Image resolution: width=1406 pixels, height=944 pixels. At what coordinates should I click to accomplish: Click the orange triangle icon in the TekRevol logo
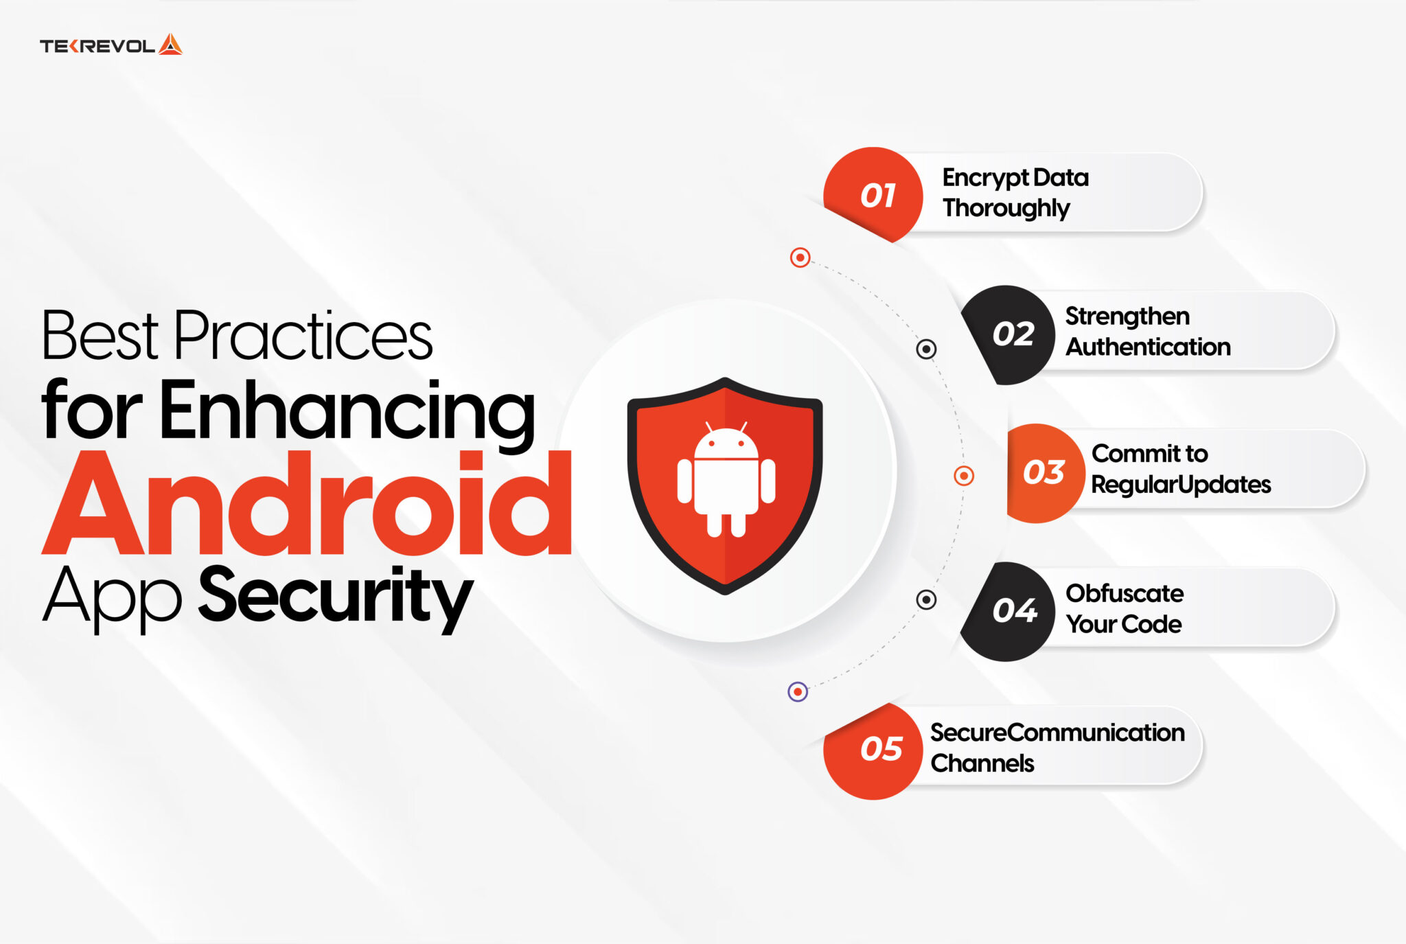click(x=170, y=45)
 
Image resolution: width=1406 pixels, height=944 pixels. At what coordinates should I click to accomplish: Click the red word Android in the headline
click(x=307, y=504)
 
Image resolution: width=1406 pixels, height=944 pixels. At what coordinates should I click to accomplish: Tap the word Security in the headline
click(x=336, y=595)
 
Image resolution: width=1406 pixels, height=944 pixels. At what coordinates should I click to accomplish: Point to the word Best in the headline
click(x=100, y=336)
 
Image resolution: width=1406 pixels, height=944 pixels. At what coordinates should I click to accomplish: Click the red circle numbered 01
click(x=875, y=196)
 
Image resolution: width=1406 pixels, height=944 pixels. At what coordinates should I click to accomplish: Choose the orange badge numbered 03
click(x=1041, y=472)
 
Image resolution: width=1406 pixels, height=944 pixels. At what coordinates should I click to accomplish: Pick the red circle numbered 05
click(x=876, y=749)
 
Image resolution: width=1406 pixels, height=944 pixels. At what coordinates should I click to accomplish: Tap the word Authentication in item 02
click(x=1148, y=347)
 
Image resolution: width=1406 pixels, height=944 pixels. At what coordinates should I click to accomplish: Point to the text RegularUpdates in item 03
click(x=1181, y=485)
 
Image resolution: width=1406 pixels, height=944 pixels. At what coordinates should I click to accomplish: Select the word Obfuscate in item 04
click(x=1125, y=593)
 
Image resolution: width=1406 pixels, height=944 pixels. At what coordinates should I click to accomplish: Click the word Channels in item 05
click(x=982, y=763)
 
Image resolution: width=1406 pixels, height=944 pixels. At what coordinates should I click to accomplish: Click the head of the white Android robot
click(x=726, y=443)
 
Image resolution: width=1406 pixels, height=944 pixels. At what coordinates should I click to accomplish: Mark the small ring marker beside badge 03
click(x=964, y=475)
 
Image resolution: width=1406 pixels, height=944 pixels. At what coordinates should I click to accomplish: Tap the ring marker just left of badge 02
click(x=926, y=349)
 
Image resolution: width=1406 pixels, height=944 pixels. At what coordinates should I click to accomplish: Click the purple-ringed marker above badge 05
click(x=798, y=691)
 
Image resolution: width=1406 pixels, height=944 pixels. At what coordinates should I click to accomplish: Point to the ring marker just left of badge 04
click(x=926, y=599)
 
